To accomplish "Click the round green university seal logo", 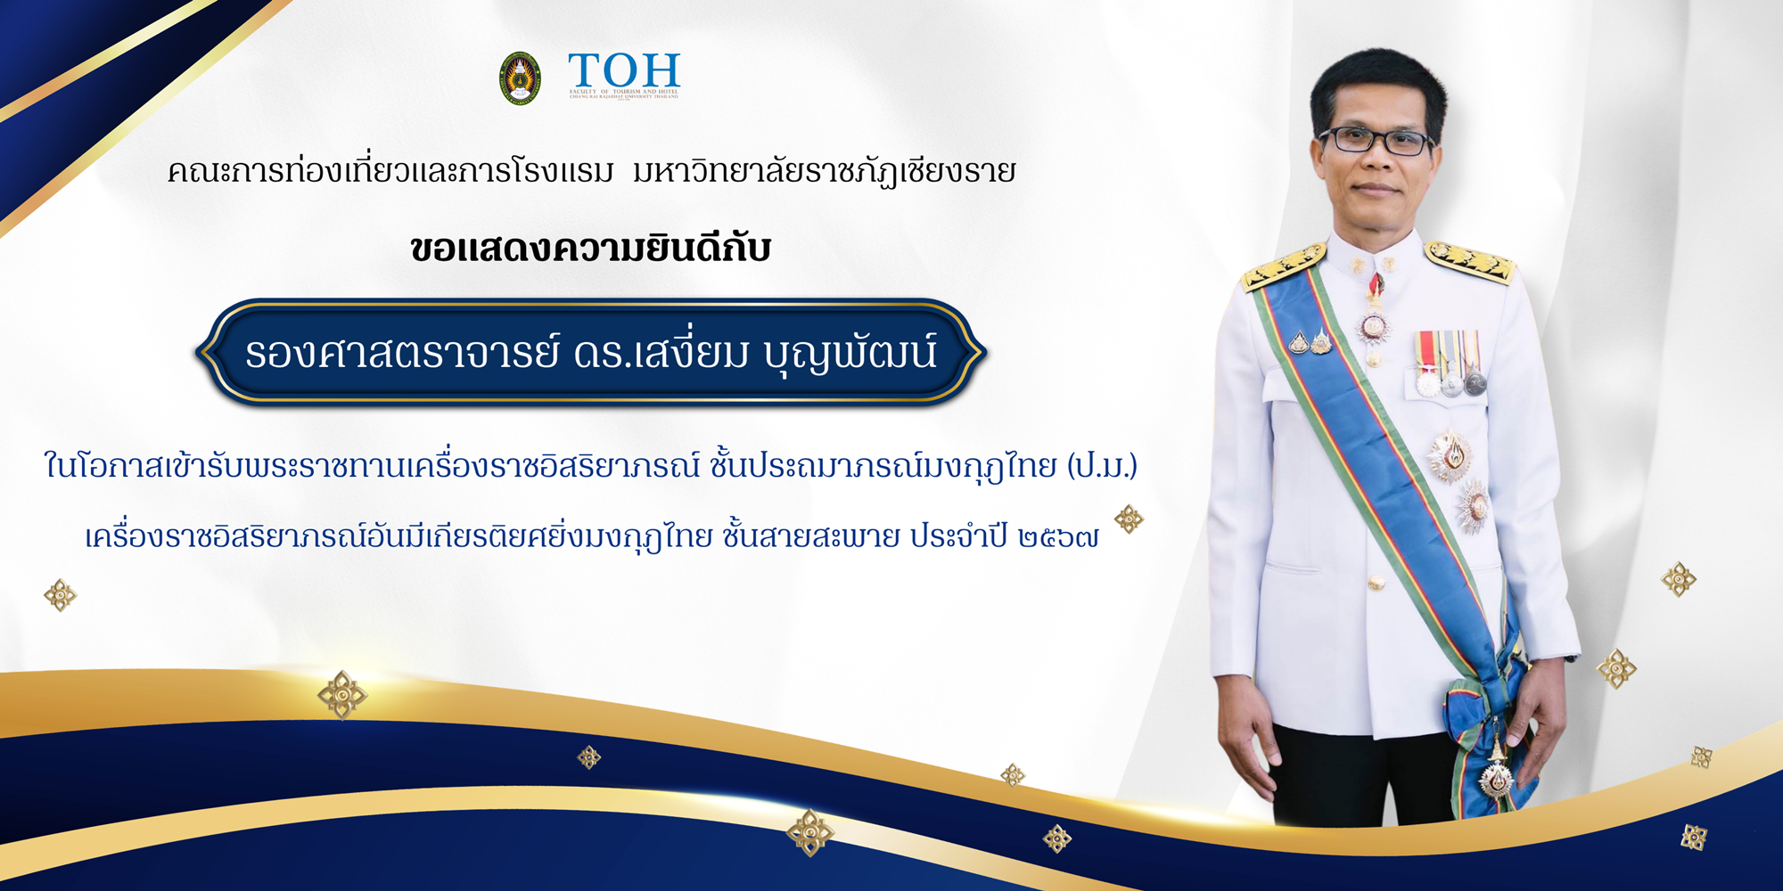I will pyautogui.click(x=520, y=78).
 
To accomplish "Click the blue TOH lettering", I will pyautogui.click(x=624, y=70).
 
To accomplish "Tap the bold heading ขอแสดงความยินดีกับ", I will pyautogui.click(x=590, y=249).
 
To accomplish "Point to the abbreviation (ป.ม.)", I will pyautogui.click(x=1102, y=465).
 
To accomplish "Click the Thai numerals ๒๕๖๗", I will pyautogui.click(x=1058, y=537).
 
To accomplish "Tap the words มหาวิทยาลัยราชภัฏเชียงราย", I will pyautogui.click(x=825, y=171).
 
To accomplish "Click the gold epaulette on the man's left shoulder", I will pyautogui.click(x=1469, y=259).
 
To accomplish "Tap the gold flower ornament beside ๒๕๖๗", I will pyautogui.click(x=1129, y=519).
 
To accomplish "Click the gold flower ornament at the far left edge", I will pyautogui.click(x=61, y=594).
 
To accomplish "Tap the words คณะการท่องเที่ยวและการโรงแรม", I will pyautogui.click(x=390, y=171).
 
